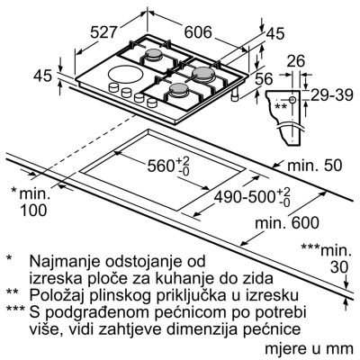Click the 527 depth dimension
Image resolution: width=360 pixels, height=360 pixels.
coord(103,32)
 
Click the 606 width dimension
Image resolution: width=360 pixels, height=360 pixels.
coord(198,32)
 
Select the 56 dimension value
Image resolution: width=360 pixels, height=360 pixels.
coord(264,79)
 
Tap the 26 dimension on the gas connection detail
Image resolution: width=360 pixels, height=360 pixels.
coord(295,61)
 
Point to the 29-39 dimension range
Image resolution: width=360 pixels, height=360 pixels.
coord(331,96)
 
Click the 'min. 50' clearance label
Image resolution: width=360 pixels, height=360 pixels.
coord(315,166)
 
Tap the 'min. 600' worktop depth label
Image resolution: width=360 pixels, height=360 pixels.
coord(287,223)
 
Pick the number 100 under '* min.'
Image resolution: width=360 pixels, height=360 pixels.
coord(33,211)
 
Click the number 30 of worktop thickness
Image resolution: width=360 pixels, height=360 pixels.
coord(339,267)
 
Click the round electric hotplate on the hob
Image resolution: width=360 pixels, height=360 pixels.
coord(122,74)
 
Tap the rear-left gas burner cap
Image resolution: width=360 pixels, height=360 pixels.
coord(154,54)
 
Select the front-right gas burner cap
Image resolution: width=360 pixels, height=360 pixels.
coord(179,89)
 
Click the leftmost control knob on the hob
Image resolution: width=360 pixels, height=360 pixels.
coord(113,87)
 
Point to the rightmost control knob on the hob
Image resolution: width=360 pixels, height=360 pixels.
coord(152,103)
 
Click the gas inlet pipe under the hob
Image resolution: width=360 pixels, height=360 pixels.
coord(235,95)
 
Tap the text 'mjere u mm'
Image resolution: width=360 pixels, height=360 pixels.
coord(309,349)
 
